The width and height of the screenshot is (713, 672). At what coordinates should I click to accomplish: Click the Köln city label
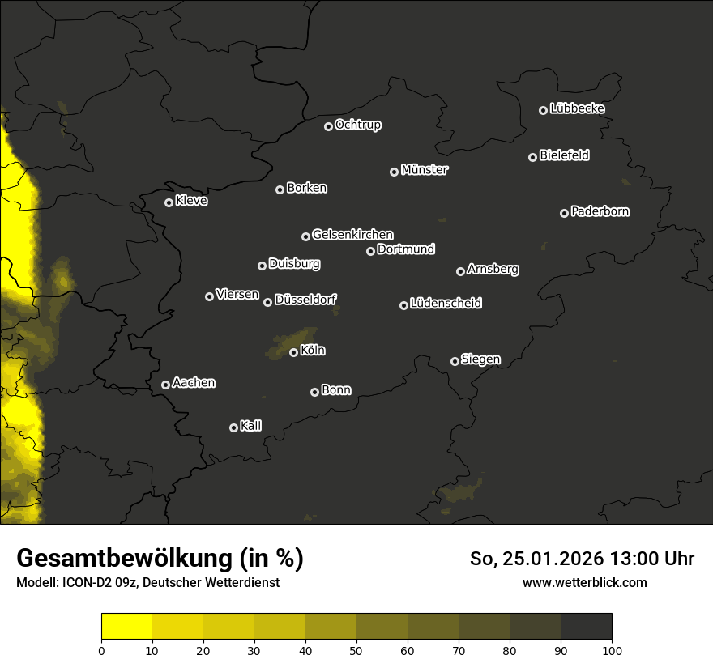click(313, 351)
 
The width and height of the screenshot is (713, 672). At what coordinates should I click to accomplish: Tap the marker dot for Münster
click(395, 172)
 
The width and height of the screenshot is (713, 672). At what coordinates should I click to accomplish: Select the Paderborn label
click(600, 211)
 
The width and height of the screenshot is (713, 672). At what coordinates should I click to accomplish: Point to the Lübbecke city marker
click(544, 110)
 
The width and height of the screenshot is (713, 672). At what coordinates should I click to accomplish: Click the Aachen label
click(194, 383)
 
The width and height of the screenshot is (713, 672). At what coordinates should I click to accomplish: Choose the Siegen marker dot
click(455, 361)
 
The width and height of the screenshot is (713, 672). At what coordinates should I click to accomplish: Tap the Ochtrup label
click(357, 125)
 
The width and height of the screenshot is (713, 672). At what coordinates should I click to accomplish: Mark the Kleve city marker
click(169, 202)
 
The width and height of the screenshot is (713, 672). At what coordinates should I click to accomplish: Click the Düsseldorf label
click(305, 300)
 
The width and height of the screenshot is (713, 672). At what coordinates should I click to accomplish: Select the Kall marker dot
click(234, 427)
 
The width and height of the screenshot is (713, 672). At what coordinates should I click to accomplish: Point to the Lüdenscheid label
click(446, 304)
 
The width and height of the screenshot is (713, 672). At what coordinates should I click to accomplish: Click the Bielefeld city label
click(564, 155)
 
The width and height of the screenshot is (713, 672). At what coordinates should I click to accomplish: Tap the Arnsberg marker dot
click(460, 271)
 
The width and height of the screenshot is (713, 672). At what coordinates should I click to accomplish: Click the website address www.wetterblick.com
click(584, 582)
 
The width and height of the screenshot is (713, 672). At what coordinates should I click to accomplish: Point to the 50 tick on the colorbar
click(356, 650)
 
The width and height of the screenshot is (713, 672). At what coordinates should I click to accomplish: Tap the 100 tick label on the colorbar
click(612, 650)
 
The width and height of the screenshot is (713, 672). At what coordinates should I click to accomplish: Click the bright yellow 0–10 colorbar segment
click(127, 627)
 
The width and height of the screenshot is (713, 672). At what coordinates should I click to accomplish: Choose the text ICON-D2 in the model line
click(88, 582)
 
